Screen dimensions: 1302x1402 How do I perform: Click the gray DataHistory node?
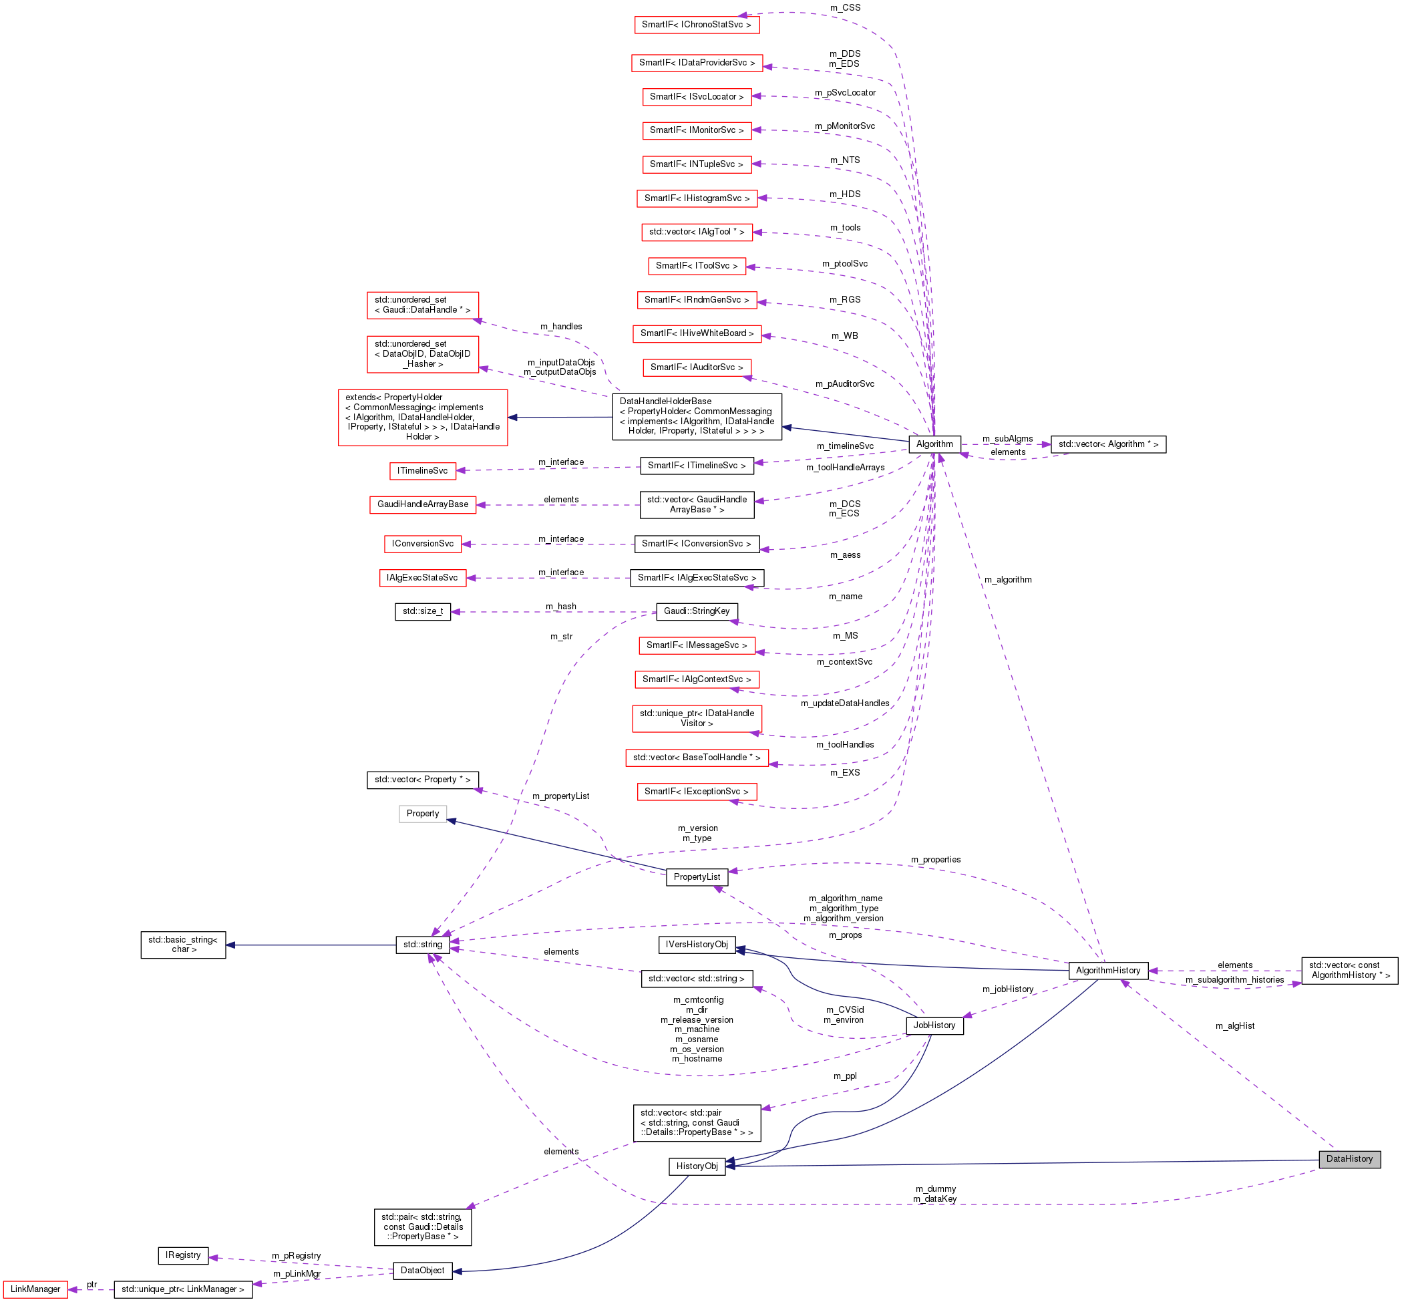pos(1349,1159)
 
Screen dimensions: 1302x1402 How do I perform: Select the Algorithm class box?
pos(934,444)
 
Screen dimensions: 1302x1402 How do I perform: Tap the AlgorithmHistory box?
pos(1107,971)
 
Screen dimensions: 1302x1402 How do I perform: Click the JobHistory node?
pos(934,1026)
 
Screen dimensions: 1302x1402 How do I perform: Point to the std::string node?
pos(423,945)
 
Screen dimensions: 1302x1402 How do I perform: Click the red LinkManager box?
pos(35,1289)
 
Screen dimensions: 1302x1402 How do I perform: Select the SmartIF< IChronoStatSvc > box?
pos(696,25)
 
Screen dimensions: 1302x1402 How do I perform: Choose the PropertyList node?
pos(697,877)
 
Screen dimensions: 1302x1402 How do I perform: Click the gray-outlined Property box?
pos(422,814)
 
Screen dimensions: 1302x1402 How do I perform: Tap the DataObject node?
pos(422,1271)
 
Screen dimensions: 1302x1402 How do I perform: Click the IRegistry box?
pos(183,1255)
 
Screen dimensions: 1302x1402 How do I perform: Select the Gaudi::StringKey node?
pos(697,611)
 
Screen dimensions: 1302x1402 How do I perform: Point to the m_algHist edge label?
pos(1234,1026)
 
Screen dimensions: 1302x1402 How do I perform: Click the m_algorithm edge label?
pos(1007,580)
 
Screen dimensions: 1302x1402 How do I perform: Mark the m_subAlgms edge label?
pos(1007,439)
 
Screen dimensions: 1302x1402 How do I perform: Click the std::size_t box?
pos(423,611)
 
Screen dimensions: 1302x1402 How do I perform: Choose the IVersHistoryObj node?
pos(697,945)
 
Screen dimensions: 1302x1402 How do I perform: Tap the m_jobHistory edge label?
pos(1007,989)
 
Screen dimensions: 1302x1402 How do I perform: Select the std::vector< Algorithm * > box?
pos(1107,444)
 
